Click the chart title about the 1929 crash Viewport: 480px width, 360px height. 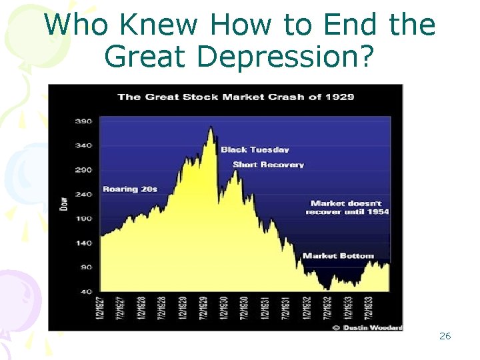click(x=235, y=97)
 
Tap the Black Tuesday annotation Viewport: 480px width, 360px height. click(x=255, y=149)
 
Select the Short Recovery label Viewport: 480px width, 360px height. click(x=268, y=165)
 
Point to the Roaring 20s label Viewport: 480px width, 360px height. click(x=130, y=189)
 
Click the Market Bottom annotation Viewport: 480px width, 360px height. click(x=338, y=255)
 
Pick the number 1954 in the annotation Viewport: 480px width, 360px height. click(x=377, y=211)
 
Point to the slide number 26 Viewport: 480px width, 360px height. click(x=445, y=336)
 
